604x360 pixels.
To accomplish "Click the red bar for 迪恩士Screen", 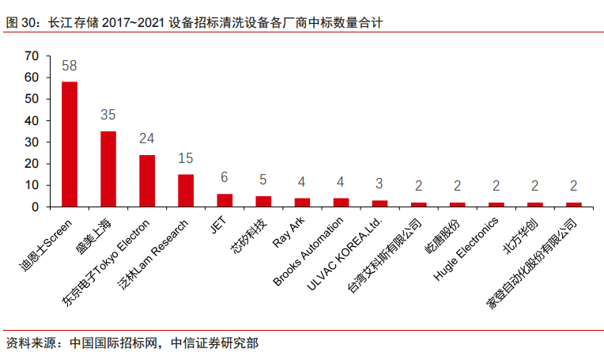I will pyautogui.click(x=70, y=144).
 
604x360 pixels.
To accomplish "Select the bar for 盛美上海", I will pyautogui.click(x=108, y=169).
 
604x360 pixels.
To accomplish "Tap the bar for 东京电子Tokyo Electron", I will pyautogui.click(x=147, y=181).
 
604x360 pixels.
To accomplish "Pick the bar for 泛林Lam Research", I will pyautogui.click(x=186, y=191).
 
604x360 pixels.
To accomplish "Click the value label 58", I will pyautogui.click(x=70, y=66).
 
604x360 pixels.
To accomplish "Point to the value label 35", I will pyautogui.click(x=108, y=116).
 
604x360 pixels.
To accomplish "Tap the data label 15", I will pyautogui.click(x=186, y=159).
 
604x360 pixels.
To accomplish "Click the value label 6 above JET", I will pyautogui.click(x=225, y=178).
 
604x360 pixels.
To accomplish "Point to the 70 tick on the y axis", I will pyautogui.click(x=32, y=55).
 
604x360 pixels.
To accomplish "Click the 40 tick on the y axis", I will pyautogui.click(x=32, y=120).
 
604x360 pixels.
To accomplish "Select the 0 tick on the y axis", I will pyautogui.click(x=35, y=207).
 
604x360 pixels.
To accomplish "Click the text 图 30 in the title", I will pyautogui.click(x=19, y=23).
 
